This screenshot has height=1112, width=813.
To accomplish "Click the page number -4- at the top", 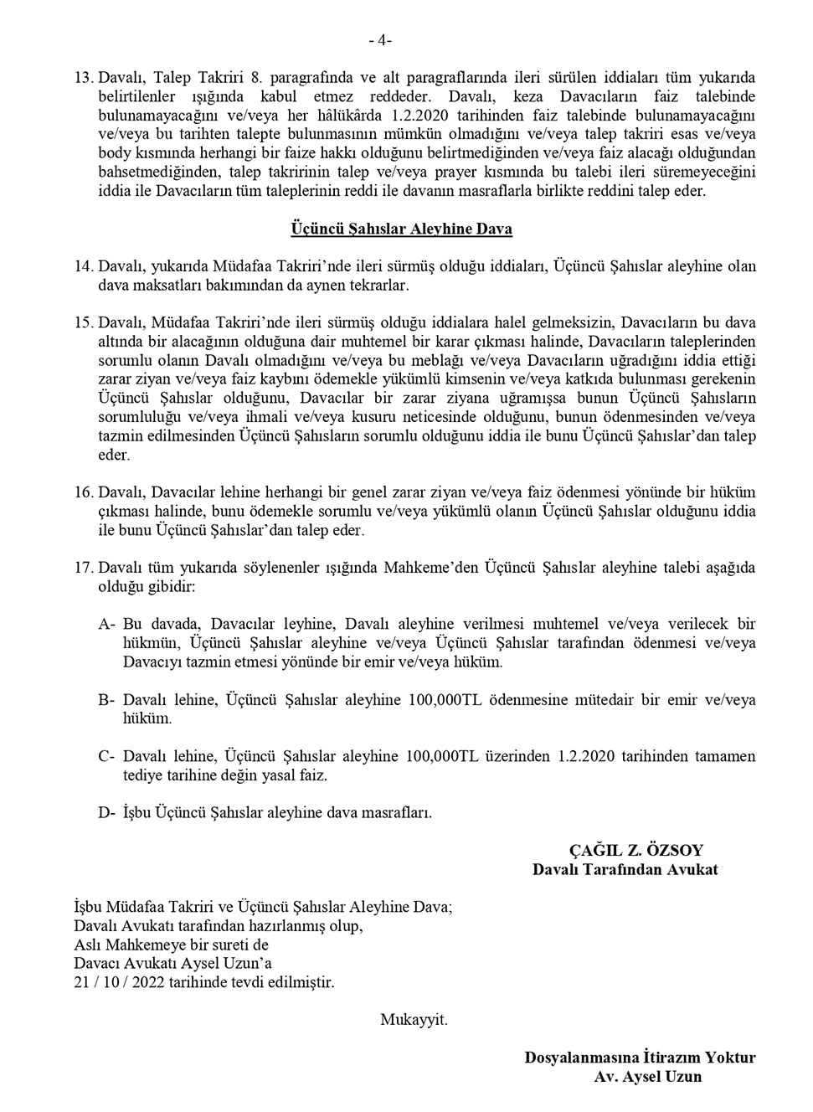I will (x=380, y=40).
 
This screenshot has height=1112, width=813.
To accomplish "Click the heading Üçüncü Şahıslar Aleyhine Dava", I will (x=402, y=229).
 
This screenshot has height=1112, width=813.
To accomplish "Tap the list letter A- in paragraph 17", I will (x=106, y=624).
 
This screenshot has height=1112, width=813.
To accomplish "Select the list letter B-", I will (x=106, y=699).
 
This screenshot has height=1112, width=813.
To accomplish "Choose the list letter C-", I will (x=106, y=756).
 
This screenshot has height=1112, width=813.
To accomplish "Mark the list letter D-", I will (x=106, y=812).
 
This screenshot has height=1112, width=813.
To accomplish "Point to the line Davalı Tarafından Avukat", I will (x=625, y=869).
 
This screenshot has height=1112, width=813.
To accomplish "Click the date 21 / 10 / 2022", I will (x=119, y=982).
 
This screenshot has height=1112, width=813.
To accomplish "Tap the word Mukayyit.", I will (x=414, y=1020).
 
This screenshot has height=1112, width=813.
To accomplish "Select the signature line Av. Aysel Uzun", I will (x=648, y=1077).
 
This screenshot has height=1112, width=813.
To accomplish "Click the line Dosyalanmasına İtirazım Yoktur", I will (x=640, y=1058).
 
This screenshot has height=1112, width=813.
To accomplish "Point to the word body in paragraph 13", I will (x=115, y=153).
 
